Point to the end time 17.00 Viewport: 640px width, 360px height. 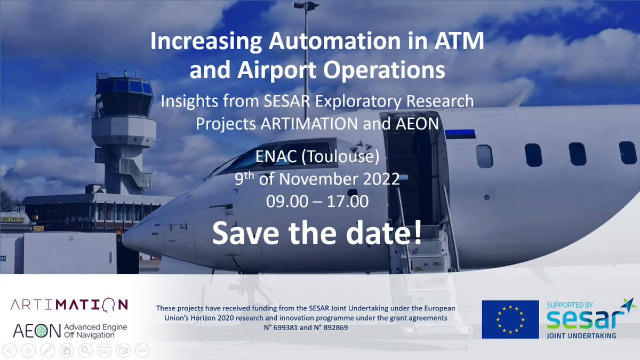click(347, 202)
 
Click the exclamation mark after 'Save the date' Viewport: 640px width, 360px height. click(418, 233)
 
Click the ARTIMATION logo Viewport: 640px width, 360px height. click(69, 305)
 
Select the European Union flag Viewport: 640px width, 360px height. click(510, 319)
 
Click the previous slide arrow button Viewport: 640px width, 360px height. click(10, 350)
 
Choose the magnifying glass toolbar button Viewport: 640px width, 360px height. click(85, 350)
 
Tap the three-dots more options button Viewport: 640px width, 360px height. click(142, 350)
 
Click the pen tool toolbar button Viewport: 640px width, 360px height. click(47, 350)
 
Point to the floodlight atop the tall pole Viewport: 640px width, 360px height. click(307, 6)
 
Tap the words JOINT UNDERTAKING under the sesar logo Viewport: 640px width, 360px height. click(581, 335)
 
